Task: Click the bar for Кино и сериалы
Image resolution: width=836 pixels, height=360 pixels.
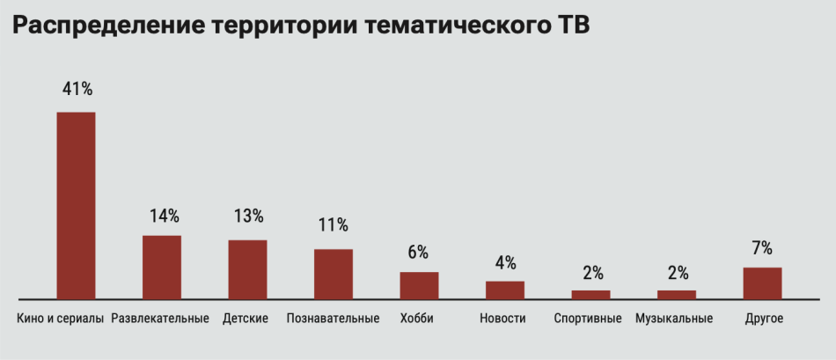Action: tap(76, 205)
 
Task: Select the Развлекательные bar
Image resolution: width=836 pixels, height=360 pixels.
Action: tap(162, 267)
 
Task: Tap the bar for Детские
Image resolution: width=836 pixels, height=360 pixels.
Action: tap(247, 268)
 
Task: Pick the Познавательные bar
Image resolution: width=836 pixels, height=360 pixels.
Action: tap(334, 274)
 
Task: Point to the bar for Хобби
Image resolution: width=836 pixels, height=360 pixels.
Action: tap(419, 285)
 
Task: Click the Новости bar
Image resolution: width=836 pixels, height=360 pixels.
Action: tap(505, 290)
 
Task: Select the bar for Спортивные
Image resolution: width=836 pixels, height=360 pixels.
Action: tap(590, 294)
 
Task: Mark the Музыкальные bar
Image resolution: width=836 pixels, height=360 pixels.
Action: tap(677, 294)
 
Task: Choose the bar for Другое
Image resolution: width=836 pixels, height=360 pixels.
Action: tap(762, 283)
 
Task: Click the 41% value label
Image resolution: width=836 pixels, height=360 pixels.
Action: tap(77, 89)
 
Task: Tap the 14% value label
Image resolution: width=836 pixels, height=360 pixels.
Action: tap(163, 215)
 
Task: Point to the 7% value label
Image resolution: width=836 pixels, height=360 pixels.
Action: tap(762, 247)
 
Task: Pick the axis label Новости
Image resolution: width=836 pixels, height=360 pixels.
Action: tap(502, 319)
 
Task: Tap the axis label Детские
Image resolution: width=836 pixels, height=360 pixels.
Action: tap(246, 319)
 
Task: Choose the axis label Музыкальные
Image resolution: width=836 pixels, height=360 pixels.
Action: tap(674, 319)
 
